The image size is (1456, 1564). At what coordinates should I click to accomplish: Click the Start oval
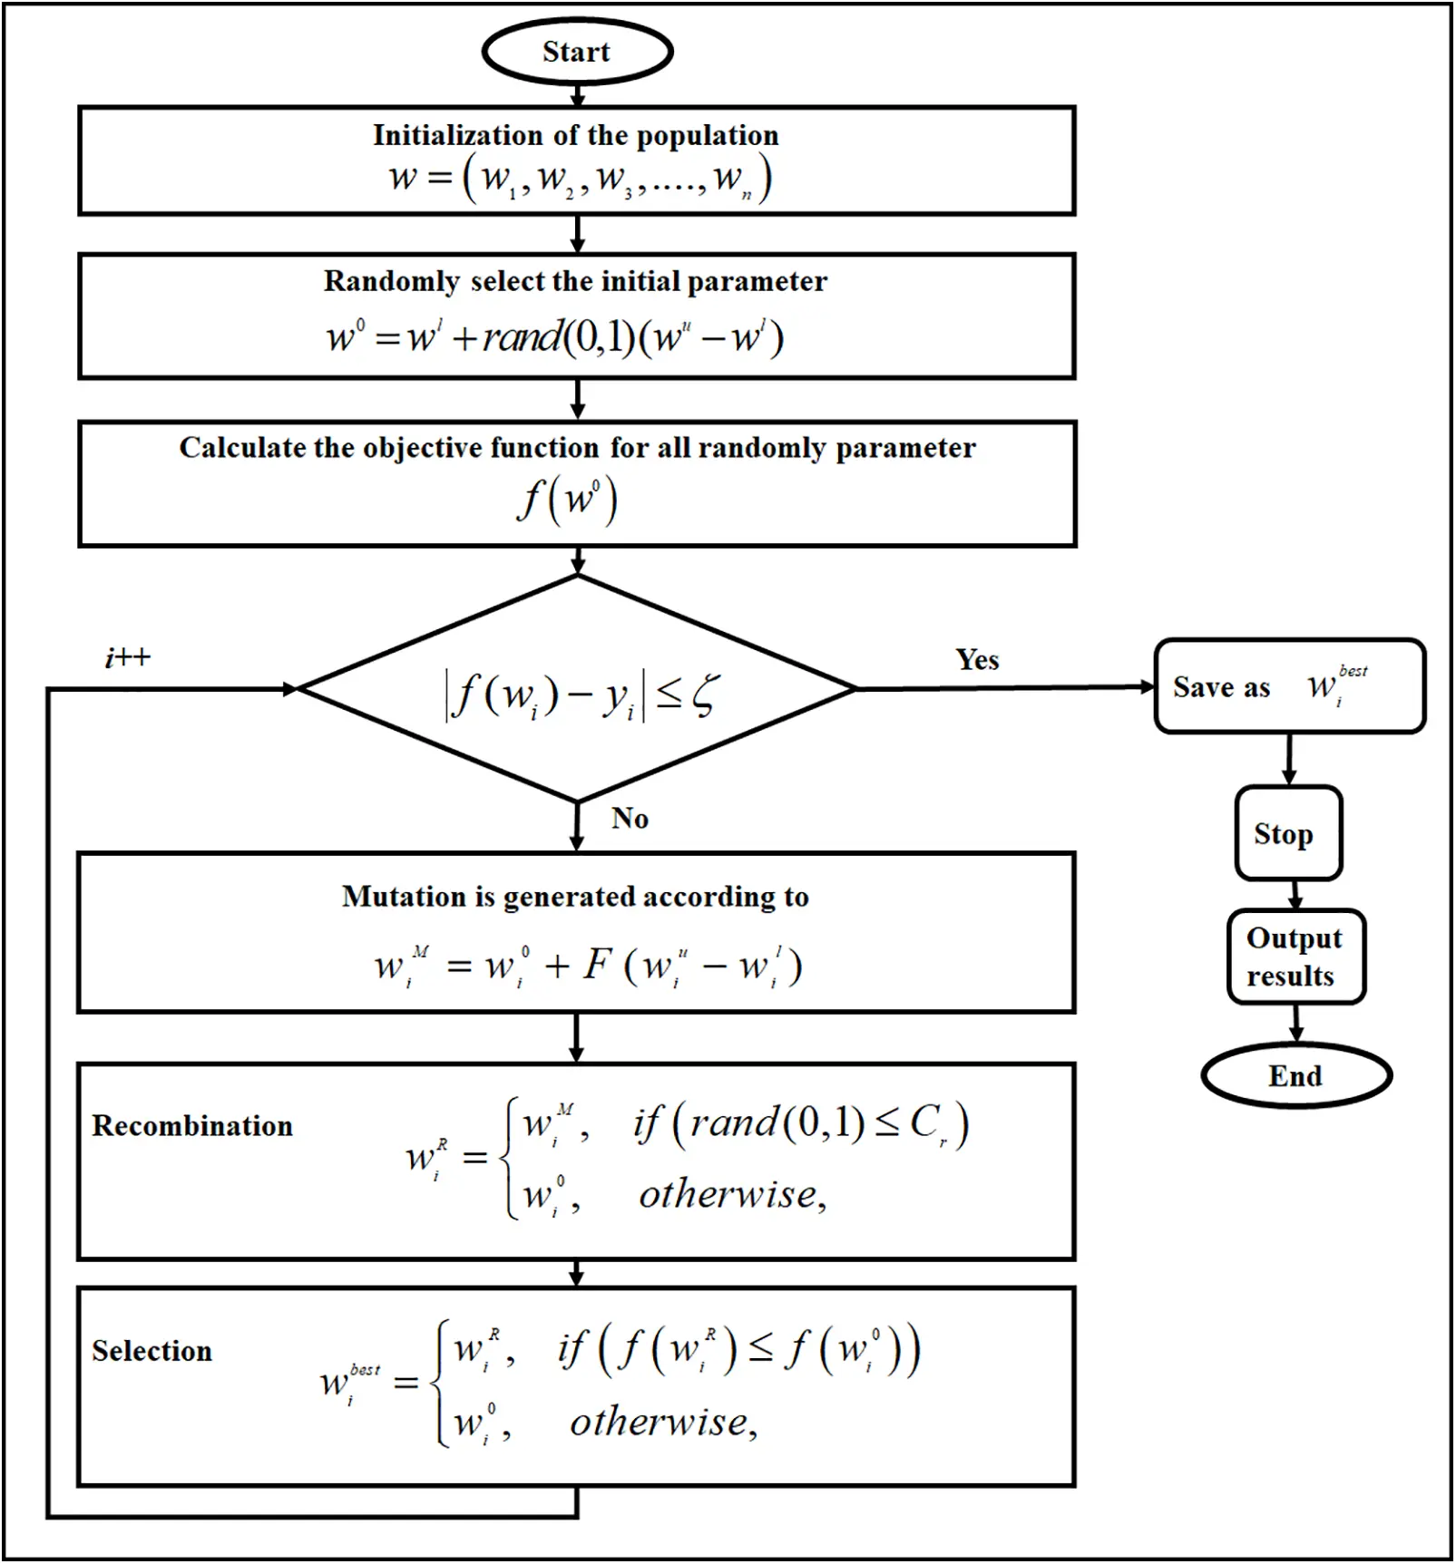pyautogui.click(x=577, y=52)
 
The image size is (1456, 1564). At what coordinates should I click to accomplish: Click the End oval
pyautogui.click(x=1295, y=1076)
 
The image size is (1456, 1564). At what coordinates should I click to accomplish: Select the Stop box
pyautogui.click(x=1287, y=833)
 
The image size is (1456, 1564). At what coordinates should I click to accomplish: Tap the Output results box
pyautogui.click(x=1295, y=957)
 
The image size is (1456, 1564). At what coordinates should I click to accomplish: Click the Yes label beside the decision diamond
pyautogui.click(x=977, y=659)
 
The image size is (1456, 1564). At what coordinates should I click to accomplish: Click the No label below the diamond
pyautogui.click(x=630, y=818)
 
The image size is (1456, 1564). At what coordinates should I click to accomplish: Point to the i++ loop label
pyautogui.click(x=127, y=657)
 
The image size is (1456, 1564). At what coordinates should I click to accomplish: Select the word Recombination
pyautogui.click(x=192, y=1125)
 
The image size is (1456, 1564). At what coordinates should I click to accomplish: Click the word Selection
pyautogui.click(x=151, y=1351)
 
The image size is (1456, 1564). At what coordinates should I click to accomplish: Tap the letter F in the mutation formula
pyautogui.click(x=598, y=964)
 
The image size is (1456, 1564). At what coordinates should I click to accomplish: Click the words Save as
pyautogui.click(x=1221, y=687)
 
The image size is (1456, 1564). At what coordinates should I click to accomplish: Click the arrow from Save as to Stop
pyautogui.click(x=1289, y=760)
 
